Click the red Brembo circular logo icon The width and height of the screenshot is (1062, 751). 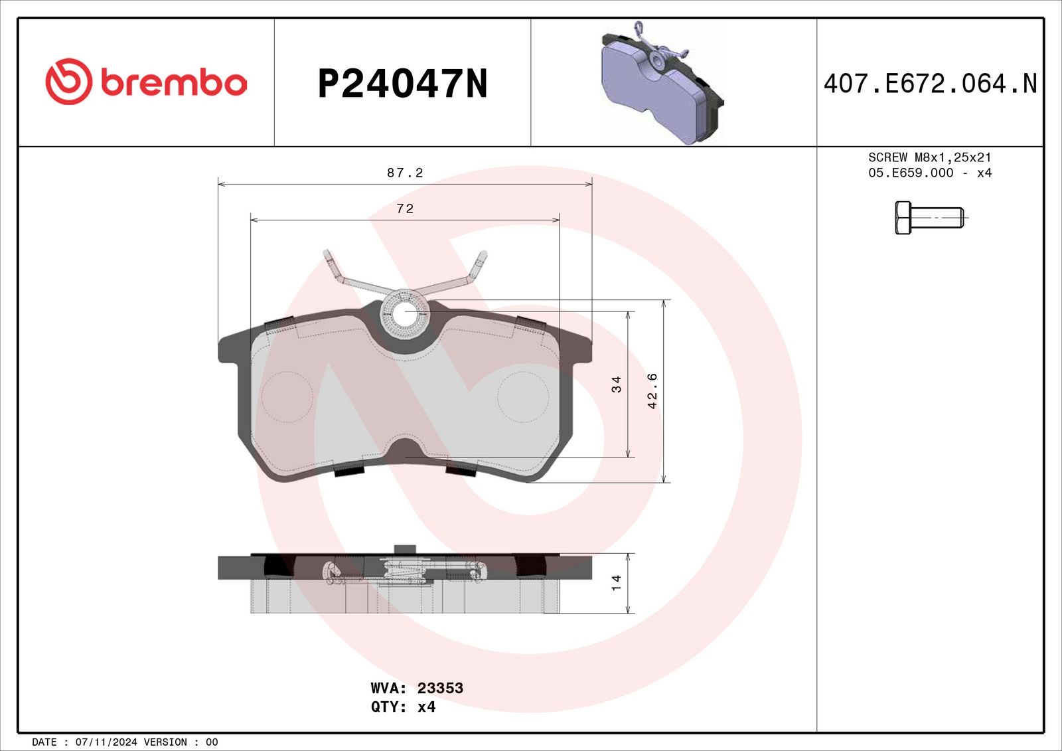pyautogui.click(x=68, y=82)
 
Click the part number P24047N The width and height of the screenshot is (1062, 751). pyautogui.click(x=402, y=84)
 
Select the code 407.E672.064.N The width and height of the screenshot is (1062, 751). pyautogui.click(x=930, y=84)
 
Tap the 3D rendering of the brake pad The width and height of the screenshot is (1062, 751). pyautogui.click(x=663, y=83)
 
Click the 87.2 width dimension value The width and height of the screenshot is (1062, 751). pyautogui.click(x=405, y=173)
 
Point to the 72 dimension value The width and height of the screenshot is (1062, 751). pyautogui.click(x=405, y=209)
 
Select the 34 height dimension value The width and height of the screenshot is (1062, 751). pyautogui.click(x=616, y=384)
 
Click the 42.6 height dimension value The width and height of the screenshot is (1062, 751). pyautogui.click(x=652, y=391)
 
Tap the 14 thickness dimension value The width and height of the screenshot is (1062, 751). pyautogui.click(x=616, y=582)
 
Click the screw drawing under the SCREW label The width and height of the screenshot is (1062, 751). pyautogui.click(x=931, y=218)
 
